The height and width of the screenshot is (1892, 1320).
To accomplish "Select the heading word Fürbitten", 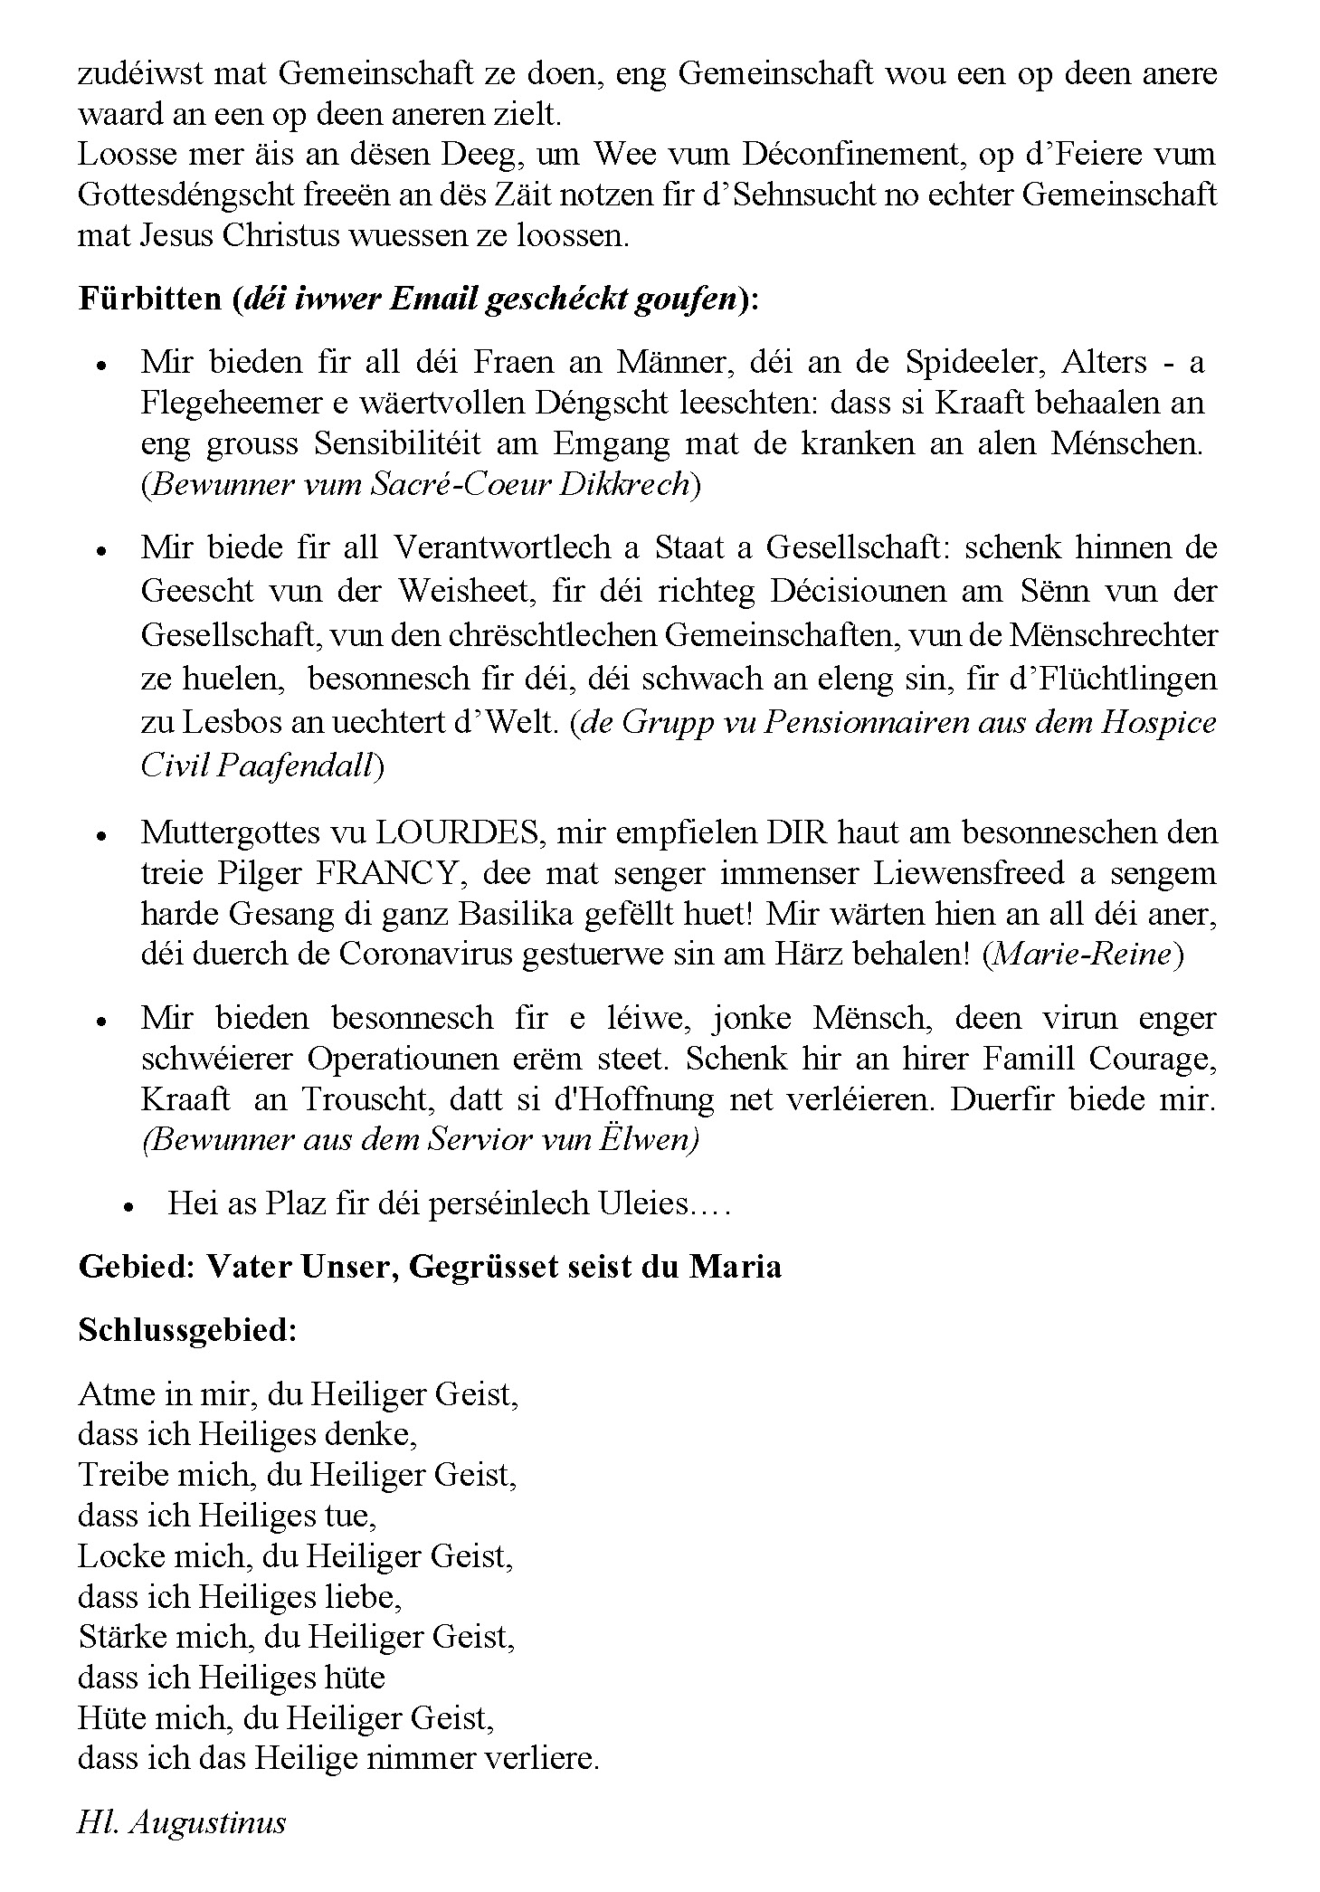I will (150, 299).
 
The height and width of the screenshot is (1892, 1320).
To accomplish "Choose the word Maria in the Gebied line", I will (735, 1266).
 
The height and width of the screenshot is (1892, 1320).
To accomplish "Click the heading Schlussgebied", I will (187, 1330).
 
